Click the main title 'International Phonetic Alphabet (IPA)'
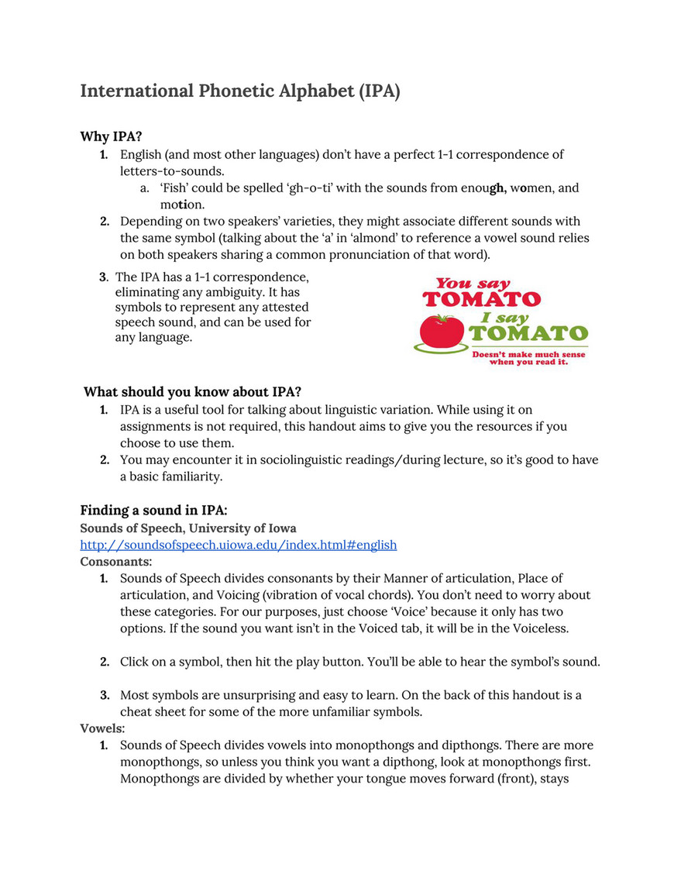point(240,91)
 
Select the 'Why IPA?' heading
point(111,136)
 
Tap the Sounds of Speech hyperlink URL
point(239,545)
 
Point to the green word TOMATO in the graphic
point(528,334)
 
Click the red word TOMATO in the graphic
point(481,298)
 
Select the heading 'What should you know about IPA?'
point(192,391)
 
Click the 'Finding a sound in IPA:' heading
point(153,511)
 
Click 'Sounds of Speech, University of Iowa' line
point(188,528)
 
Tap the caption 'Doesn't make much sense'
point(529,355)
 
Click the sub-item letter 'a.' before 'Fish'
point(145,188)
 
